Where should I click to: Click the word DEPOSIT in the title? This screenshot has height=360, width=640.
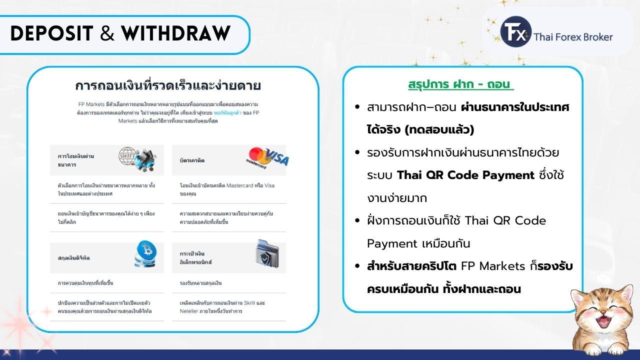[51, 33]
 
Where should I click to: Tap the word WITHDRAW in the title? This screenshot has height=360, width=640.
[175, 33]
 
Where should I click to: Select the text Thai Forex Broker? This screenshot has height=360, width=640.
[573, 36]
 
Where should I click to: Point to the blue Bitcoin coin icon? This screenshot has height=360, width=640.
[146, 253]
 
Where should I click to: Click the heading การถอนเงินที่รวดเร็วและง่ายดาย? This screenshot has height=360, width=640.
[168, 85]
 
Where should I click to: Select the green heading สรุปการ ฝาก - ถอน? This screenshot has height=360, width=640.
[460, 84]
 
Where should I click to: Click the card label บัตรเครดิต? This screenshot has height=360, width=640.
[192, 160]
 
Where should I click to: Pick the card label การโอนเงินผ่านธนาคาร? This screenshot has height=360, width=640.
[76, 160]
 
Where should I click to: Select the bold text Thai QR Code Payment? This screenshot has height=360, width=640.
[465, 175]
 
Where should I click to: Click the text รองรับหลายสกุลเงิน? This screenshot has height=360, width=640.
[200, 283]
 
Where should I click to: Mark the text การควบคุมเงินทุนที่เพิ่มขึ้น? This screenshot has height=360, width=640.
[85, 283]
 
